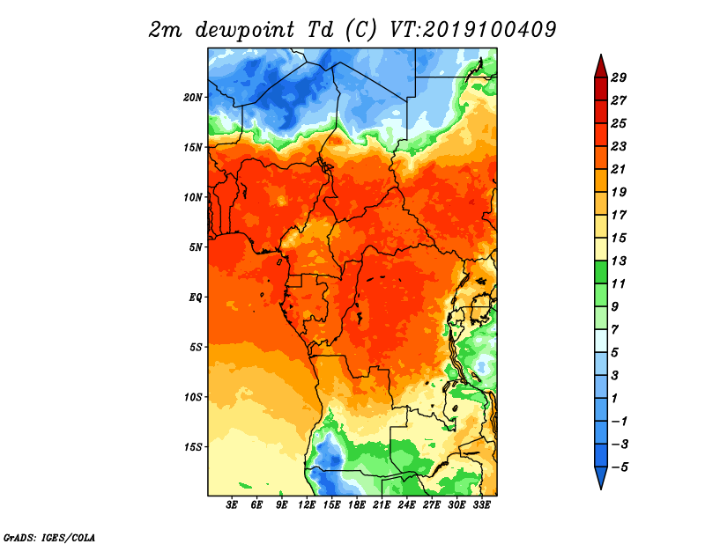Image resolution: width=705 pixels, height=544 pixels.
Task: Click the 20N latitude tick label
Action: coord(193,98)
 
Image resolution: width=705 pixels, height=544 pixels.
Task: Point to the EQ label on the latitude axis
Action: coord(196,298)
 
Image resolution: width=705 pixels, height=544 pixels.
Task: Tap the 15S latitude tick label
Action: coord(193,447)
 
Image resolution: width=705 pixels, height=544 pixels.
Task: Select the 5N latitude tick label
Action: coord(196,247)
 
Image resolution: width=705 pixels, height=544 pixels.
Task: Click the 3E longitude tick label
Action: coord(232,505)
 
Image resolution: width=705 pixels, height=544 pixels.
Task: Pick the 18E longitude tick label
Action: coord(357,505)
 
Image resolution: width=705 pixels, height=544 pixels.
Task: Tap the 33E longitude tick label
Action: coord(481,505)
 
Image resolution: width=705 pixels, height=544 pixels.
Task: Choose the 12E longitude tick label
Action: coord(307,505)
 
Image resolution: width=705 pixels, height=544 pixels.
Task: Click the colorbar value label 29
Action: coord(619,77)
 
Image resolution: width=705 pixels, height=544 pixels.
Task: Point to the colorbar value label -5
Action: coord(620,467)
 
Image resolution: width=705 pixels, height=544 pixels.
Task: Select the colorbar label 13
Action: coord(619,261)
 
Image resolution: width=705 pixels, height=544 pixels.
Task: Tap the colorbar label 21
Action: coord(619,169)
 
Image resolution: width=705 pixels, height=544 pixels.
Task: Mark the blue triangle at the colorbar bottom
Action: coord(601,477)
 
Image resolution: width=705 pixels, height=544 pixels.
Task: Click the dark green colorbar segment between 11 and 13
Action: coord(601,272)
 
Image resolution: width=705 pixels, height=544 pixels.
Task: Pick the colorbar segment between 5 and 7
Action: coord(601,341)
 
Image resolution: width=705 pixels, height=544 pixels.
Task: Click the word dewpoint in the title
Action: coord(245,30)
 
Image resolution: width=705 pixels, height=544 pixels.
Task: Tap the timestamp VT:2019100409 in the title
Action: coord(472,30)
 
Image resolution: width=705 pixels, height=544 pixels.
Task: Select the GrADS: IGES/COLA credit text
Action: coord(49,538)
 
